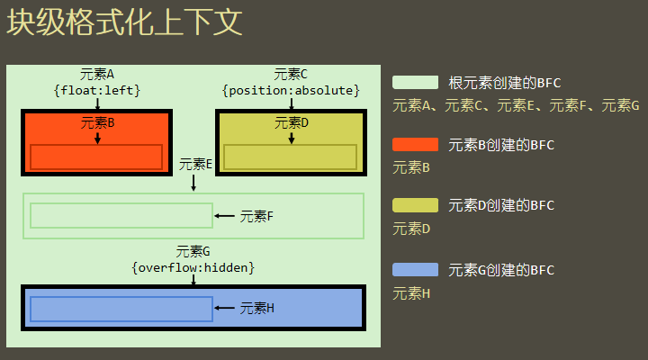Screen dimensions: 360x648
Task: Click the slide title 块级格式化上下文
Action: click(x=125, y=23)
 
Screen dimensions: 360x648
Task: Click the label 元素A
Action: click(x=97, y=74)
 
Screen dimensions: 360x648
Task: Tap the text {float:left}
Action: click(x=97, y=90)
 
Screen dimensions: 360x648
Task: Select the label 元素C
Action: click(x=291, y=74)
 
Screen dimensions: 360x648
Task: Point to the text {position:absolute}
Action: click(x=291, y=90)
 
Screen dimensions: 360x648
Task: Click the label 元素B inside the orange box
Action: click(x=97, y=122)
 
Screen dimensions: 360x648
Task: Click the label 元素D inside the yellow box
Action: click(x=291, y=122)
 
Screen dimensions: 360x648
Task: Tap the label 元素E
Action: click(x=195, y=164)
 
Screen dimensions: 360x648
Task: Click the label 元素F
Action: click(x=256, y=216)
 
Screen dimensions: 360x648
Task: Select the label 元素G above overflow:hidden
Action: click(x=193, y=251)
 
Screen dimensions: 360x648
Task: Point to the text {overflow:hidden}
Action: click(x=193, y=267)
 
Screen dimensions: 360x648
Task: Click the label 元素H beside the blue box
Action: click(x=256, y=309)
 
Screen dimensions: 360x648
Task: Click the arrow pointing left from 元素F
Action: click(x=225, y=216)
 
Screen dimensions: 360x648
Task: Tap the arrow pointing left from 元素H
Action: click(x=225, y=309)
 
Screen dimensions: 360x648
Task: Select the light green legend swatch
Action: click(x=415, y=83)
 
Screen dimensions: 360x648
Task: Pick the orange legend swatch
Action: click(x=415, y=144)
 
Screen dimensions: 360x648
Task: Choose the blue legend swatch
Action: click(x=415, y=269)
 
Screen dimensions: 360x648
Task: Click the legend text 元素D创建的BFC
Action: click(x=501, y=205)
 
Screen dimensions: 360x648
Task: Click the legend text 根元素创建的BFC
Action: click(x=505, y=83)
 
